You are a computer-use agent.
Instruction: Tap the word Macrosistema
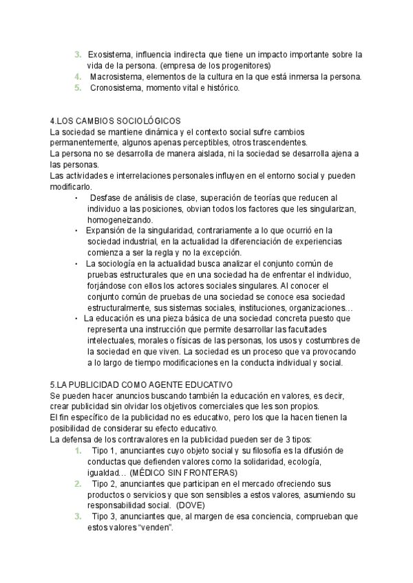coord(116,77)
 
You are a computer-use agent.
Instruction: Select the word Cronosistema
coord(115,88)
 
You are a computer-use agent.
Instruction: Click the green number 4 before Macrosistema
coord(78,77)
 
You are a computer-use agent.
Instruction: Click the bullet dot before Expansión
coord(76,230)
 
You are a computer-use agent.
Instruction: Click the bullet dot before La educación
coord(76,318)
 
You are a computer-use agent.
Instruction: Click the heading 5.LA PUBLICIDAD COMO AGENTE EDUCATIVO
coord(142,384)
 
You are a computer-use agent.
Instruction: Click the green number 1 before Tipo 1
coord(78,450)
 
